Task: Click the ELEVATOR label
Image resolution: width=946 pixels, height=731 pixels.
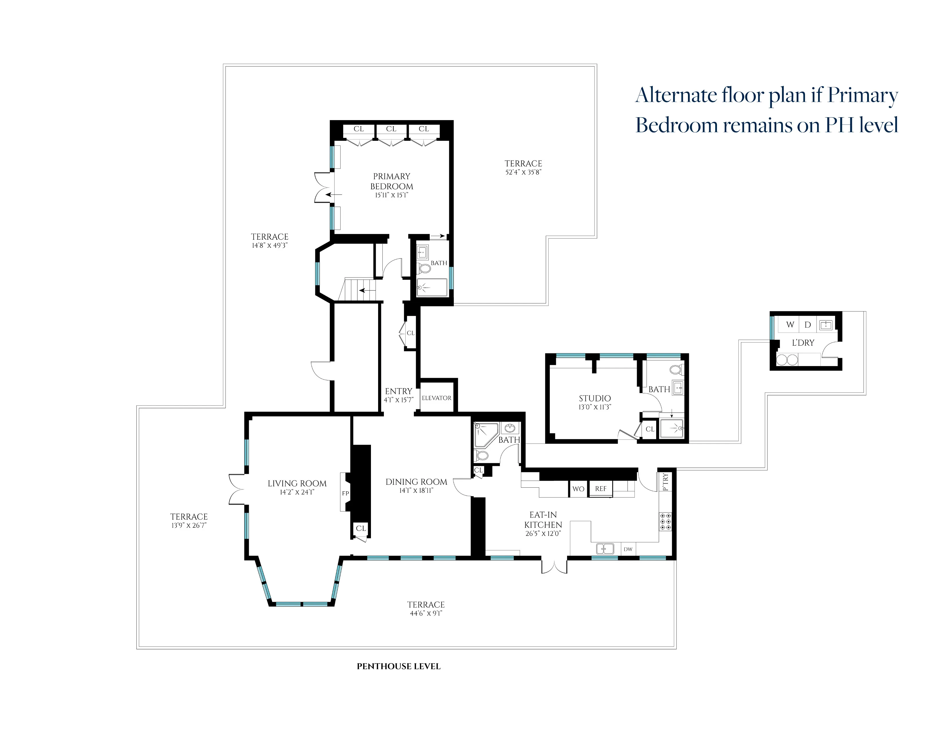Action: coord(436,398)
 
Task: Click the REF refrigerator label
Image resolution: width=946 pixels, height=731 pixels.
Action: coord(600,488)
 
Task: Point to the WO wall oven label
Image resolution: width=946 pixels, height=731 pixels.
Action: coord(578,489)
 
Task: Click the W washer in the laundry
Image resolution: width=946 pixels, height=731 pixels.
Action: coord(790,324)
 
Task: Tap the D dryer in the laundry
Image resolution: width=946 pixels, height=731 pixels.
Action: coord(807,324)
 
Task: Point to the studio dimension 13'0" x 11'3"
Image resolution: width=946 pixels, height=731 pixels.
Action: coord(595,407)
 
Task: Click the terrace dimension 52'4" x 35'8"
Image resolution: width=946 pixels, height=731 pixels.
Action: coord(523,172)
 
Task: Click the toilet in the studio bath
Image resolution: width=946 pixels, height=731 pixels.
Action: coord(676,370)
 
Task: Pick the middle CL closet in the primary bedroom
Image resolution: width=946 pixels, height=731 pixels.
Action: coord(391,129)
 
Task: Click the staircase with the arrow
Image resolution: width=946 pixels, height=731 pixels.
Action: coord(357,289)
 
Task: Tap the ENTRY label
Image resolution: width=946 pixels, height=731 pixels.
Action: coord(398,391)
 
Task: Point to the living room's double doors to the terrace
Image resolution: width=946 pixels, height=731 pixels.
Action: coord(237,489)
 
